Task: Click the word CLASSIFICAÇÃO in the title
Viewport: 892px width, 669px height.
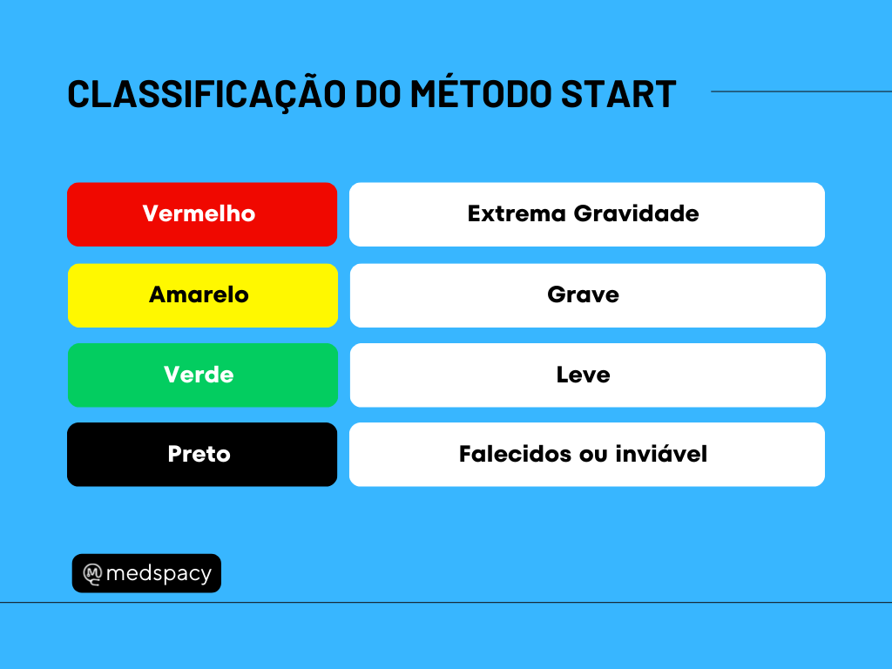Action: click(206, 93)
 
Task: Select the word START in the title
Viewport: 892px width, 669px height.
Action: click(618, 94)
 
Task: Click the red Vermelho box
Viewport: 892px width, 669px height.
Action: click(202, 214)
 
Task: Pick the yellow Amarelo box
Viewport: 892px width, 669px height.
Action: click(202, 295)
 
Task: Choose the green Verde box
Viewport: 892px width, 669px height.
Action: click(202, 375)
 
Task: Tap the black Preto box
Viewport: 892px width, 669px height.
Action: click(202, 455)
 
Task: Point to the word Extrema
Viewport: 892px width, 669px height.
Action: click(517, 214)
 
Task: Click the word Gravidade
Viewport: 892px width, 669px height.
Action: click(636, 214)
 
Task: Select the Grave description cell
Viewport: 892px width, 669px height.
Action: click(588, 295)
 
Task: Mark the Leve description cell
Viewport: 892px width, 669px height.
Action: click(588, 375)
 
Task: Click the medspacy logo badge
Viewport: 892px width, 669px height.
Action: click(146, 573)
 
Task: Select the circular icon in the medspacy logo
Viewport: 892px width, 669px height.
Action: click(92, 573)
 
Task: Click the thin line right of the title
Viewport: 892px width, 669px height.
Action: click(801, 91)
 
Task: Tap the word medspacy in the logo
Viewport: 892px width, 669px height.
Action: click(159, 573)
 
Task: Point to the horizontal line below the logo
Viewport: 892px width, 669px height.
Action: click(446, 602)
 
